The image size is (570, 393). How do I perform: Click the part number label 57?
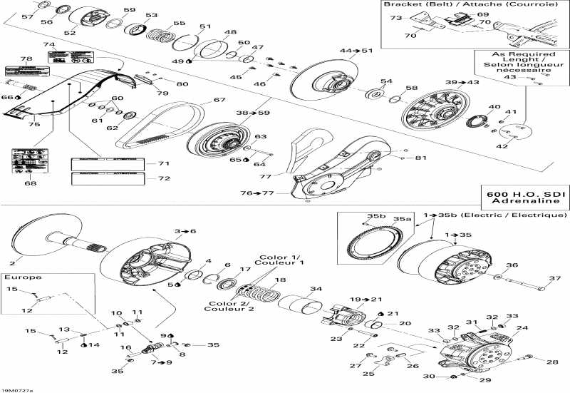[26, 16]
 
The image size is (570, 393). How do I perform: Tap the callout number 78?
[26, 59]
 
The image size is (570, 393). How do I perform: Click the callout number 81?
[420, 157]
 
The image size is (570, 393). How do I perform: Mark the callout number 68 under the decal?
[30, 184]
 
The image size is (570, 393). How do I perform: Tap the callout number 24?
[522, 329]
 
